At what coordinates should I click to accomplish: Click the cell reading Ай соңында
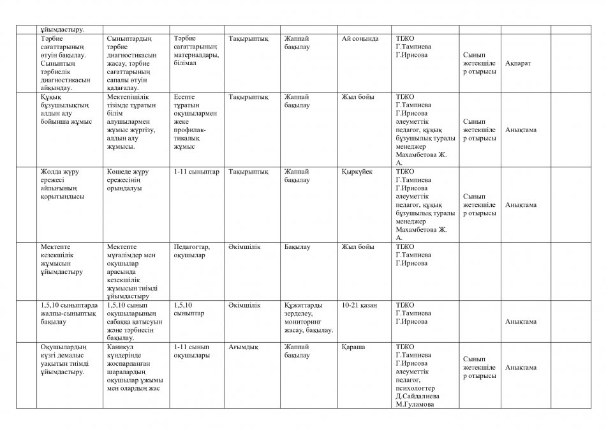point(360,38)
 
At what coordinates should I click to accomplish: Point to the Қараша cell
point(353,347)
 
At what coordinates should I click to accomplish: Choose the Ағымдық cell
point(243,347)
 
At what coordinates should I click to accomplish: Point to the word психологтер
point(417,388)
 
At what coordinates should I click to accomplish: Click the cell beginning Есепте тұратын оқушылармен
point(195,121)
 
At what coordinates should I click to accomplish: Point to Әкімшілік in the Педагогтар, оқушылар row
point(243,246)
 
